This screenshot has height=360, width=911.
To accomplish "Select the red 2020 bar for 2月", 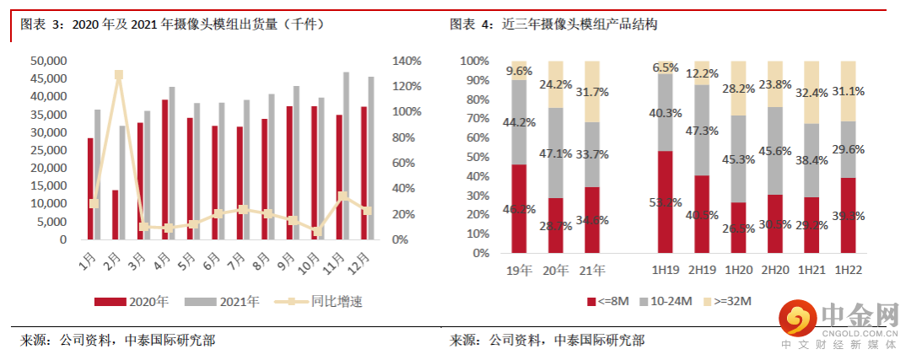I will tap(115, 214).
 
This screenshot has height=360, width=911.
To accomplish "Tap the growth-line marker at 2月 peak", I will tap(119, 75).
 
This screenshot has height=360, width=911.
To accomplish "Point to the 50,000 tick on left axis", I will tap(48, 61).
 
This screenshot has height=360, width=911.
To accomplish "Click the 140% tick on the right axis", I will tap(407, 61).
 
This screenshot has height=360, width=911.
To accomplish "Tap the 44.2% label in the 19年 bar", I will tap(519, 122).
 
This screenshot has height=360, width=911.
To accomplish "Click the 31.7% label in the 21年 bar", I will tap(593, 91).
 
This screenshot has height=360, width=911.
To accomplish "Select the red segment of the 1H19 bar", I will tap(665, 202).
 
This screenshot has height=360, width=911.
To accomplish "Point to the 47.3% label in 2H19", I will tap(703, 130).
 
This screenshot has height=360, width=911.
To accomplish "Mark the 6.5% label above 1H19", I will tap(666, 67).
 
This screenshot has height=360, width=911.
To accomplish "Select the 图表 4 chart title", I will tap(553, 24).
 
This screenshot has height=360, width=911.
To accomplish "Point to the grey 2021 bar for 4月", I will tap(172, 163).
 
